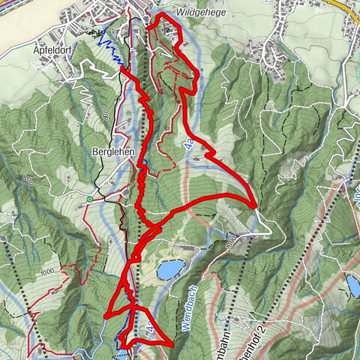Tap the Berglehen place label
[x=112, y=150]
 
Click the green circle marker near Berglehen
[x=89, y=199]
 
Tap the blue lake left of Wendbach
[x=170, y=268]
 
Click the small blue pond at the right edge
[x=352, y=283]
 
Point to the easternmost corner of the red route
[x=256, y=204]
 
